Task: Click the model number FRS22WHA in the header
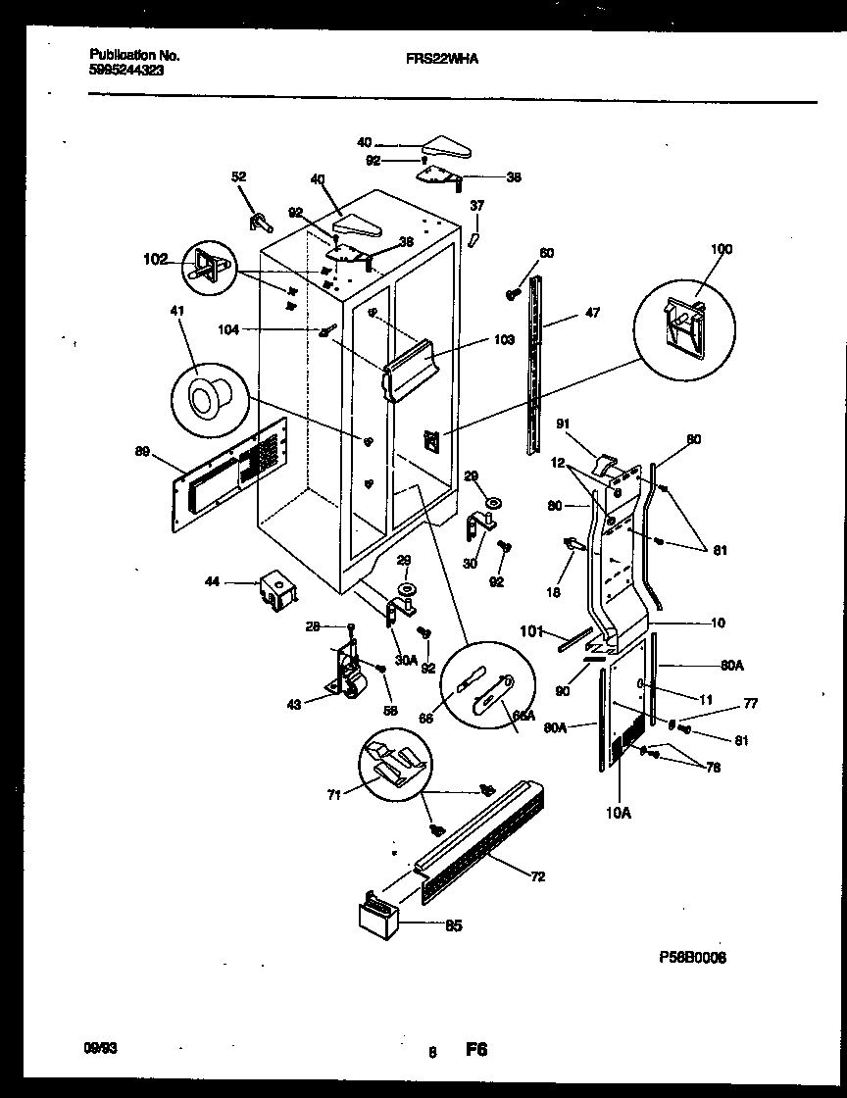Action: click(442, 58)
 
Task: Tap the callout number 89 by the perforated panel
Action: click(144, 451)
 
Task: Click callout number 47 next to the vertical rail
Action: click(592, 313)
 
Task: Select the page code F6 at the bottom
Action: click(476, 1050)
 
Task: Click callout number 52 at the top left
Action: click(238, 176)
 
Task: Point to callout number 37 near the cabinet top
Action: click(476, 205)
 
